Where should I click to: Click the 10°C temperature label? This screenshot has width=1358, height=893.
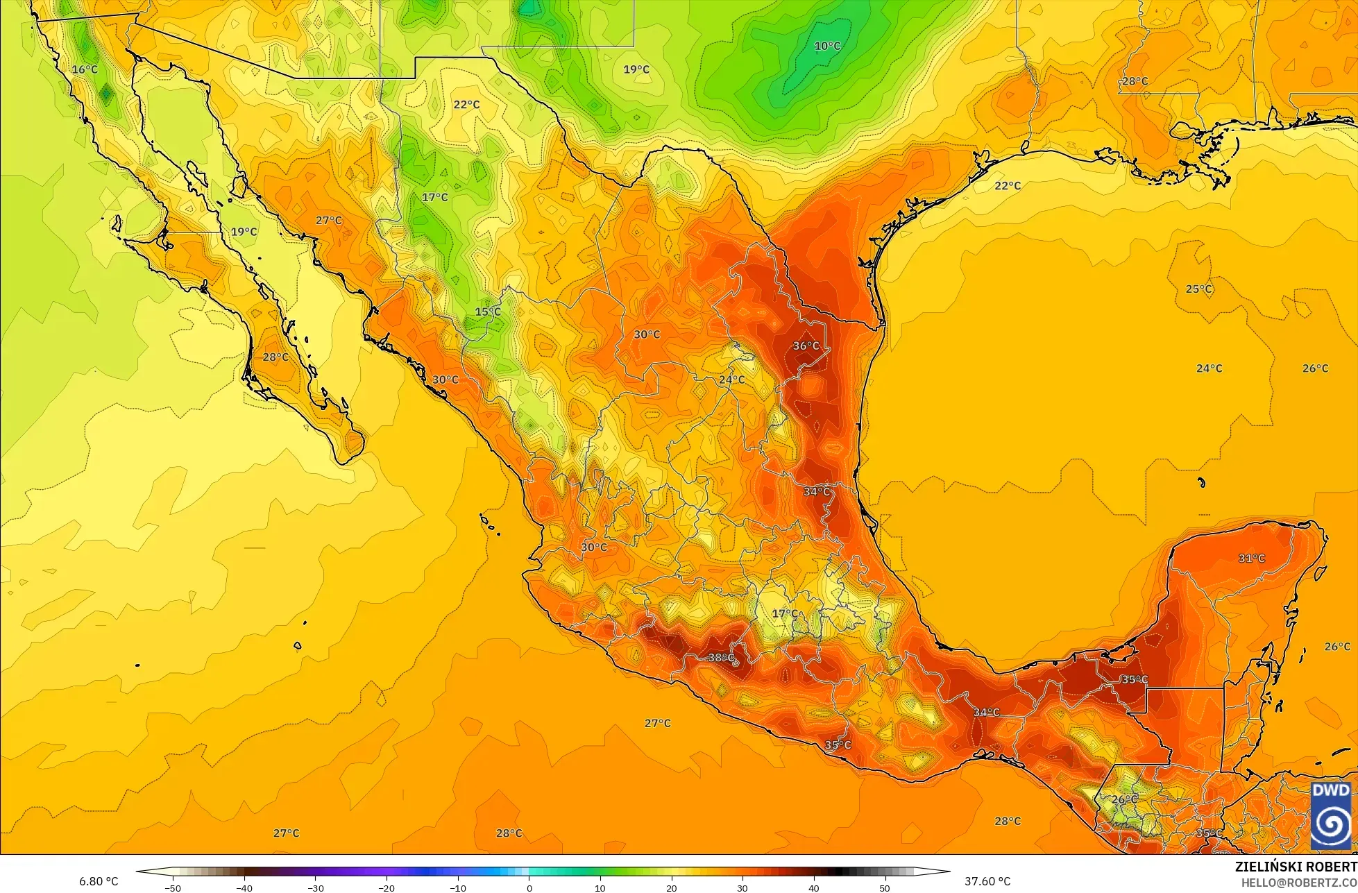pos(827,46)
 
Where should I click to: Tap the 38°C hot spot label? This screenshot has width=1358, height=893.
pos(721,657)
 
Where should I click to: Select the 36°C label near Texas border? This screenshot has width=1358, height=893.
pos(806,346)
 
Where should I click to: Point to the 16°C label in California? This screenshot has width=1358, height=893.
pos(85,69)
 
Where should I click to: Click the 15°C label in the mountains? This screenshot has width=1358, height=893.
pos(488,312)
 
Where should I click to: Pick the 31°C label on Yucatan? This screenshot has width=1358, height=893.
pos(1251,558)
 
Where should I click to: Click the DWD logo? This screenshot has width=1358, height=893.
pos(1331,815)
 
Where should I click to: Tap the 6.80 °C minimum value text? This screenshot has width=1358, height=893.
pos(98,881)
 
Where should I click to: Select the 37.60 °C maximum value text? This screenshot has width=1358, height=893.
pos(987,881)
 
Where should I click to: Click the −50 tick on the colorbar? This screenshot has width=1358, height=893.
pos(172,887)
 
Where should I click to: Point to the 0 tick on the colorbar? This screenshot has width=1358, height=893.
pos(529,887)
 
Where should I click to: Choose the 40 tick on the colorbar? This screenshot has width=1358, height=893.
pos(813,887)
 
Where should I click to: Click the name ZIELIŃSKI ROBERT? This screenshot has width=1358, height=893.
pos(1296,867)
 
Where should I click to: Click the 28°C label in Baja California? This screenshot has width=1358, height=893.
pos(275,357)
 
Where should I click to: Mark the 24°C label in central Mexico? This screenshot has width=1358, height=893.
pos(731,380)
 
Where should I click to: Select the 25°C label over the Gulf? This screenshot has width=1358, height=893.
pos(1198,289)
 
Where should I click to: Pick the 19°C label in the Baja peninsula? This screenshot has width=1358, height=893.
pos(244,232)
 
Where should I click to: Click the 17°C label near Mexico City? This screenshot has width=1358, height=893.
pos(785,613)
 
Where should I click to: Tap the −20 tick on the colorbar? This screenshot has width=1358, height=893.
pos(386,887)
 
